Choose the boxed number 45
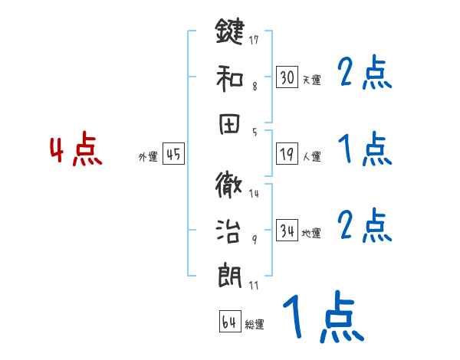(173, 155)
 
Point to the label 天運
(311, 80)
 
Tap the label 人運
(311, 157)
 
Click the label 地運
(311, 234)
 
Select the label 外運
(148, 157)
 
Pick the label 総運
(255, 325)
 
